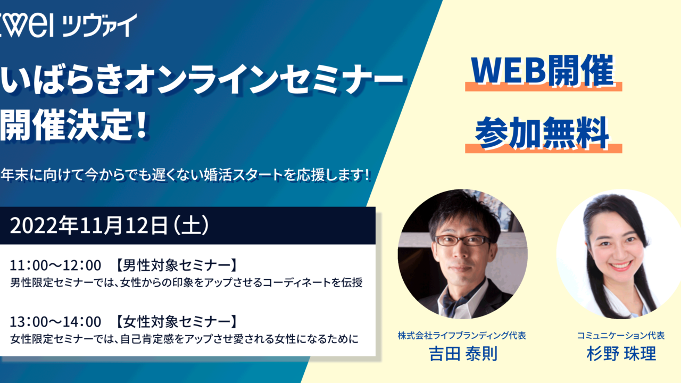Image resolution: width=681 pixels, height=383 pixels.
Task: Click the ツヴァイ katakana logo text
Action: tap(99, 25)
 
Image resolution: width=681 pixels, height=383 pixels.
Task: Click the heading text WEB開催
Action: tap(543, 71)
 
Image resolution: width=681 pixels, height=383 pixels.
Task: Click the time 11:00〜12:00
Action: tap(55, 264)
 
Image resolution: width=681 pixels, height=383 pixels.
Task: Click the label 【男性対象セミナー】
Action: tap(176, 264)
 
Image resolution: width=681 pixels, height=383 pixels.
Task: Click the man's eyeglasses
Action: tap(462, 240)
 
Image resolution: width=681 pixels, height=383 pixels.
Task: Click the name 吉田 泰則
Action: tap(462, 354)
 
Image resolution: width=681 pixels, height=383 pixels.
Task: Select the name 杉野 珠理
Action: tap(621, 354)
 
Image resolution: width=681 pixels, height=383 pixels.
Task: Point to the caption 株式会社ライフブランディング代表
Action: tap(462, 336)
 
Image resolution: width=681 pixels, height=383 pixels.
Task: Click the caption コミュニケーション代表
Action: tap(621, 336)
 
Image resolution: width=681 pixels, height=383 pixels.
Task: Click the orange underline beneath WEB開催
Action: tap(543, 87)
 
